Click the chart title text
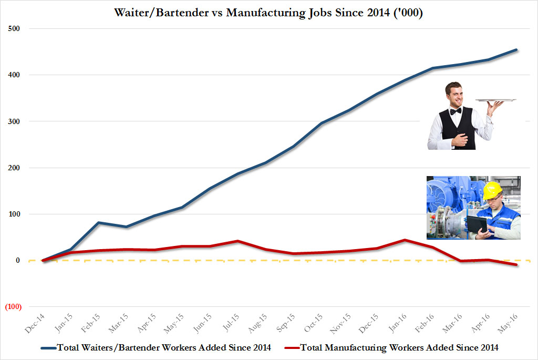tap(268, 12)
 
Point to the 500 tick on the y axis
tap(13, 28)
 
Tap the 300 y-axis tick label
tap(13, 121)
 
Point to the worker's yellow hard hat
tap(492, 190)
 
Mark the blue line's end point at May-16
tap(516, 50)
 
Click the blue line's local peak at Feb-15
tap(98, 222)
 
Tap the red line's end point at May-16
tap(516, 264)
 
